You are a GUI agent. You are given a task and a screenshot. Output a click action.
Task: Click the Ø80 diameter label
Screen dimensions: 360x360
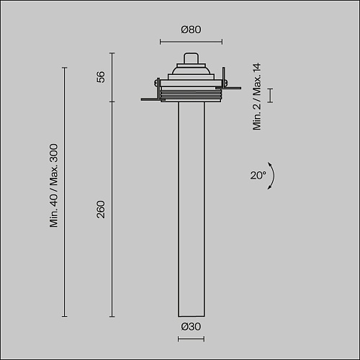[191, 30]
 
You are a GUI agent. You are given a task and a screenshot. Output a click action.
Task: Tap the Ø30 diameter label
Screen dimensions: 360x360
[191, 326]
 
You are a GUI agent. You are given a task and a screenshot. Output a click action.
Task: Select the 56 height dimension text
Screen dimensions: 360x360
[101, 77]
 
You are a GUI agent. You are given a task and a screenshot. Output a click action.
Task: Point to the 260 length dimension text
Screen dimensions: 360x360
[101, 210]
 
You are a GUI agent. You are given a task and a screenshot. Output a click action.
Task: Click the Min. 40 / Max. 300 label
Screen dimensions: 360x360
[54, 185]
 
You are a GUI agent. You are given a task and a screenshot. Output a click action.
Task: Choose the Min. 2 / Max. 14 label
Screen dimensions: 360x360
[256, 96]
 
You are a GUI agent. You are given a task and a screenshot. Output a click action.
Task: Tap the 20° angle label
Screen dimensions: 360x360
[258, 175]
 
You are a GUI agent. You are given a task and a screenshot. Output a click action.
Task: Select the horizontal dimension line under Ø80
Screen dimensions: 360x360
[191, 42]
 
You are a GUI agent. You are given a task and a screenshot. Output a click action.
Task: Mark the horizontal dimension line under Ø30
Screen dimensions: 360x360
[191, 339]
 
